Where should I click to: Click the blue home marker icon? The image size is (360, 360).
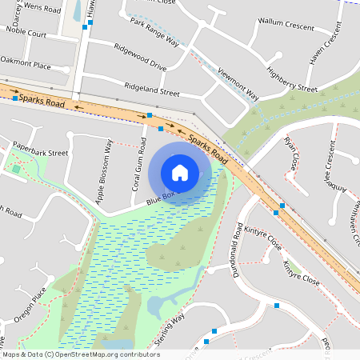pyautogui.click(x=180, y=172)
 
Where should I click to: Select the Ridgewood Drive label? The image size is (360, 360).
pyautogui.click(x=140, y=56)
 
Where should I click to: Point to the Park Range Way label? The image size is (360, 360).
pyautogui.click(x=158, y=33)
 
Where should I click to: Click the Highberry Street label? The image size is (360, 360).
pyautogui.click(x=292, y=78)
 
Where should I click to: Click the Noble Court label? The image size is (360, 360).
pyautogui.click(x=26, y=34)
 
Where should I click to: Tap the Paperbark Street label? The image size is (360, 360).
pyautogui.click(x=40, y=150)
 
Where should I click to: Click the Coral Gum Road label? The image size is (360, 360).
pyautogui.click(x=138, y=166)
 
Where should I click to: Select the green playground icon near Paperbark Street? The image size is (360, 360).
pyautogui.click(x=15, y=168)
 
